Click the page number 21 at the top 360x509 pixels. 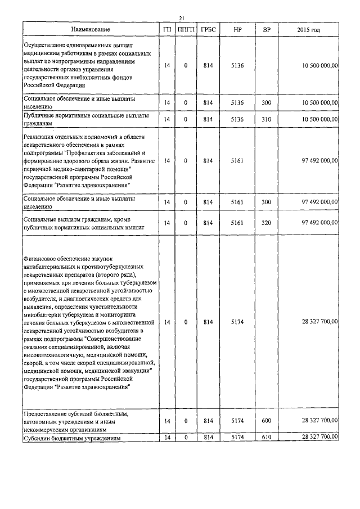pos(182,18)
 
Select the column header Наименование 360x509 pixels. pos(91,29)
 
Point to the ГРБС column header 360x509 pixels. pos(208,29)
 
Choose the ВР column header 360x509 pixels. pos(266,29)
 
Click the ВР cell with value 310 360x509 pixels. pos(266,119)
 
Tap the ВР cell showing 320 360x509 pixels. pos(266,223)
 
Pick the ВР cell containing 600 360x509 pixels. pos(266,421)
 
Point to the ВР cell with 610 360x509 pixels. pos(266,437)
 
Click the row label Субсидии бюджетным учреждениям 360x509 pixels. pos(71,438)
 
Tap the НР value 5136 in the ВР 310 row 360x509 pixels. pos(237,119)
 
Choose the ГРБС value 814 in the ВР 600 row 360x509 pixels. pos(208,421)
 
